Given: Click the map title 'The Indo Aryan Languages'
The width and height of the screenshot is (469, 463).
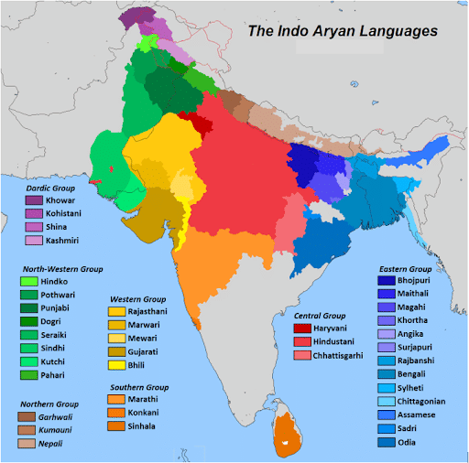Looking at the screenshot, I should coord(343,31).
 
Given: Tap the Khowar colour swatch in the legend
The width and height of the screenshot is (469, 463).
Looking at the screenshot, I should coord(34,199).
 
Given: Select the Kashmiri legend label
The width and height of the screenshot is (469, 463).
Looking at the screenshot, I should coord(63,240).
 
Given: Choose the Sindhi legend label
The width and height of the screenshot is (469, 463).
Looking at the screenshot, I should coord(60,349).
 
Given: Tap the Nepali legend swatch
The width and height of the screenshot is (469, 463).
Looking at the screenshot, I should coord(27,443).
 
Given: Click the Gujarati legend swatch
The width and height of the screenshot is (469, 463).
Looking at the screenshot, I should coord(116,352).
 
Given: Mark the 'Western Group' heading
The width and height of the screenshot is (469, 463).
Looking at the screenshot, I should coord(137,299).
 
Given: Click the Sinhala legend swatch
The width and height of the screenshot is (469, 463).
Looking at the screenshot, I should coord(116,425).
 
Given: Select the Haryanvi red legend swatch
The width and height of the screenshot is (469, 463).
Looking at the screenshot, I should coord(300,328).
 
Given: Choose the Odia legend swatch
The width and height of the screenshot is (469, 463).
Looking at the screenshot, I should coord(386,443).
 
